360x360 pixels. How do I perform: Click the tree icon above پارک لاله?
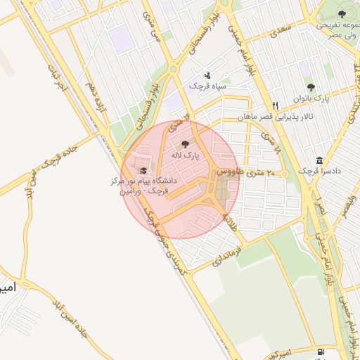[186, 143]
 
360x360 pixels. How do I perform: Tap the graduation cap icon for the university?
[144, 170]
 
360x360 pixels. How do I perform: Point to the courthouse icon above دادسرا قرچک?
[320, 160]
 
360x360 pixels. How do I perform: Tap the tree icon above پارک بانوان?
[311, 87]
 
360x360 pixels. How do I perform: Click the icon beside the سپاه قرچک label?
[207, 75]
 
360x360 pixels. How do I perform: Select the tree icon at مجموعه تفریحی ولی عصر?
[341, 13]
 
